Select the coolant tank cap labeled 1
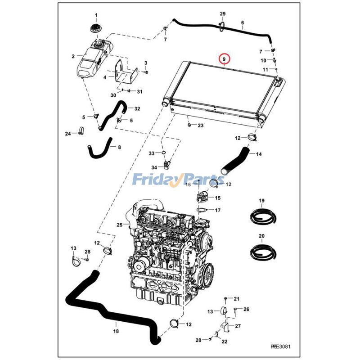[95, 27]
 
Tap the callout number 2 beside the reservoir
[73, 57]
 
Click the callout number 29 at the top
[222, 15]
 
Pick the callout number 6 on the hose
[243, 22]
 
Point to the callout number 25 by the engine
[119, 225]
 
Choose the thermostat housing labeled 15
[203, 197]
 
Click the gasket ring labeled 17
[203, 210]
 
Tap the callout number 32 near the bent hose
[137, 108]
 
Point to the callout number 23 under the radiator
[201, 125]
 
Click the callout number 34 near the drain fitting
[154, 167]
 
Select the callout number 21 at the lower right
[237, 299]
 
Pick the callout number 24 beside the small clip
[67, 134]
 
